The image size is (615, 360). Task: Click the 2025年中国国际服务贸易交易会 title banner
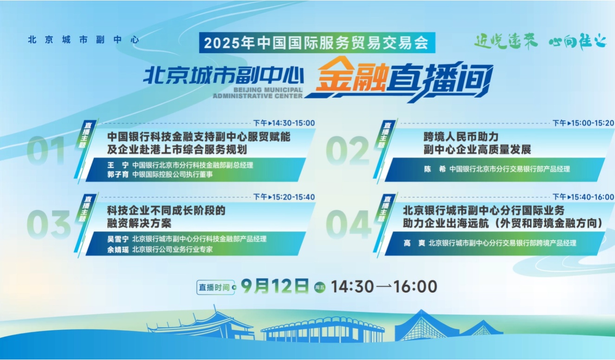(x=317, y=43)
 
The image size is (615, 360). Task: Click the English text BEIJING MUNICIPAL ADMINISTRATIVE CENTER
(x=258, y=93)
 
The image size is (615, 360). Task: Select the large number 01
(x=46, y=151)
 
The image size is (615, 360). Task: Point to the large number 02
(x=348, y=151)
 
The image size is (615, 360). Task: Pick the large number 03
(x=49, y=224)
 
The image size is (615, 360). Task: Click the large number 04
(x=349, y=224)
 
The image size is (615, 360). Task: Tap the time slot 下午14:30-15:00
(x=284, y=123)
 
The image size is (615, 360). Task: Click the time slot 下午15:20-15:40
(x=284, y=197)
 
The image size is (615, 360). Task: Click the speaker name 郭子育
(x=118, y=174)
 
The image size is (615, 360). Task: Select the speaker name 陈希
(x=435, y=169)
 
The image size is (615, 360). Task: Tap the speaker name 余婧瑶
(x=118, y=249)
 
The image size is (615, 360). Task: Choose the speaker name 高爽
(x=414, y=243)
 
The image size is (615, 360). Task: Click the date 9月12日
(x=275, y=286)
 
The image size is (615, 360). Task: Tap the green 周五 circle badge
(x=320, y=287)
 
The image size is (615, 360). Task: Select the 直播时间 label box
(x=215, y=287)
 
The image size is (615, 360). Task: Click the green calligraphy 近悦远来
(x=506, y=41)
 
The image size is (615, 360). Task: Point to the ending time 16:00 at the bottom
(x=415, y=286)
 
